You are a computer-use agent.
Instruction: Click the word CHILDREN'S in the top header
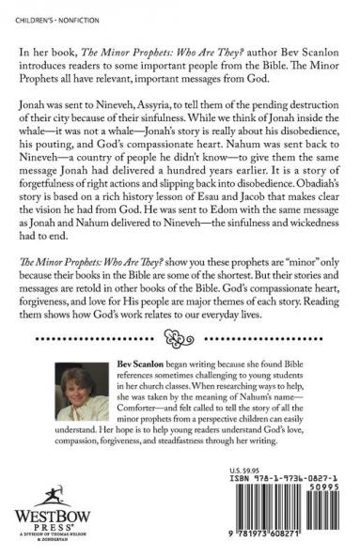click(25, 10)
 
